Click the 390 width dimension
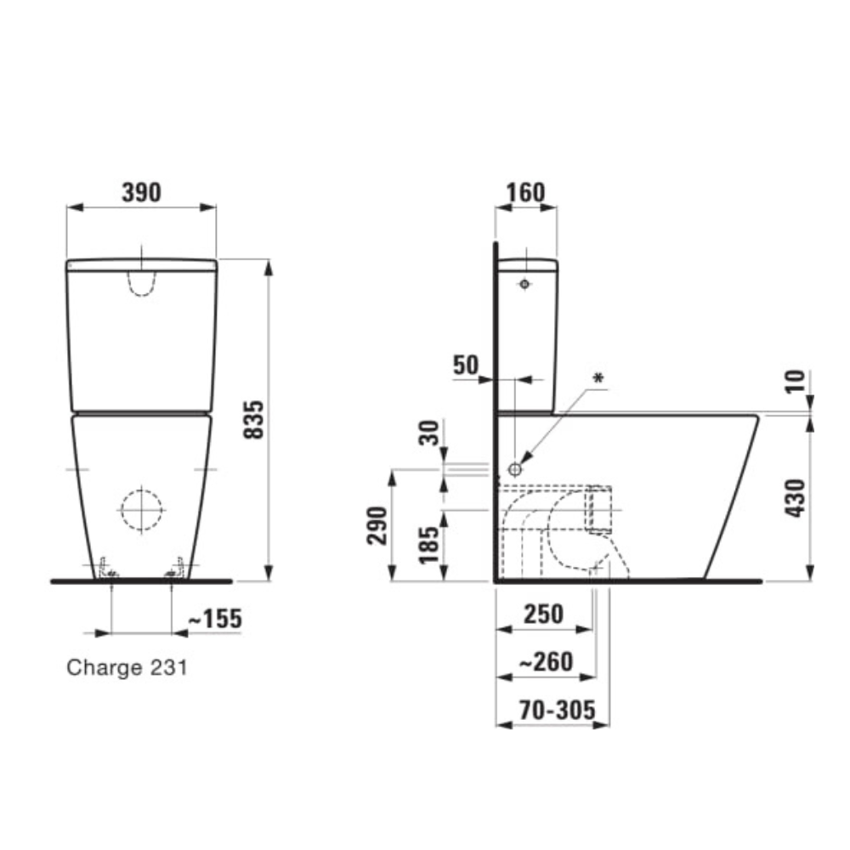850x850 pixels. click(141, 192)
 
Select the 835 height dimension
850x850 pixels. click(253, 420)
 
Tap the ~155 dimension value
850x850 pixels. click(215, 619)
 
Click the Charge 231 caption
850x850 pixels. click(127, 668)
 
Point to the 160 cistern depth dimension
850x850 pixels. click(525, 192)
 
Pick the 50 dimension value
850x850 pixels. click(466, 365)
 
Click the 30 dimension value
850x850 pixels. click(429, 433)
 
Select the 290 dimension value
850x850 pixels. click(377, 525)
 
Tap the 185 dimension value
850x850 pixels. click(429, 545)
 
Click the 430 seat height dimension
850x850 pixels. click(796, 498)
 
